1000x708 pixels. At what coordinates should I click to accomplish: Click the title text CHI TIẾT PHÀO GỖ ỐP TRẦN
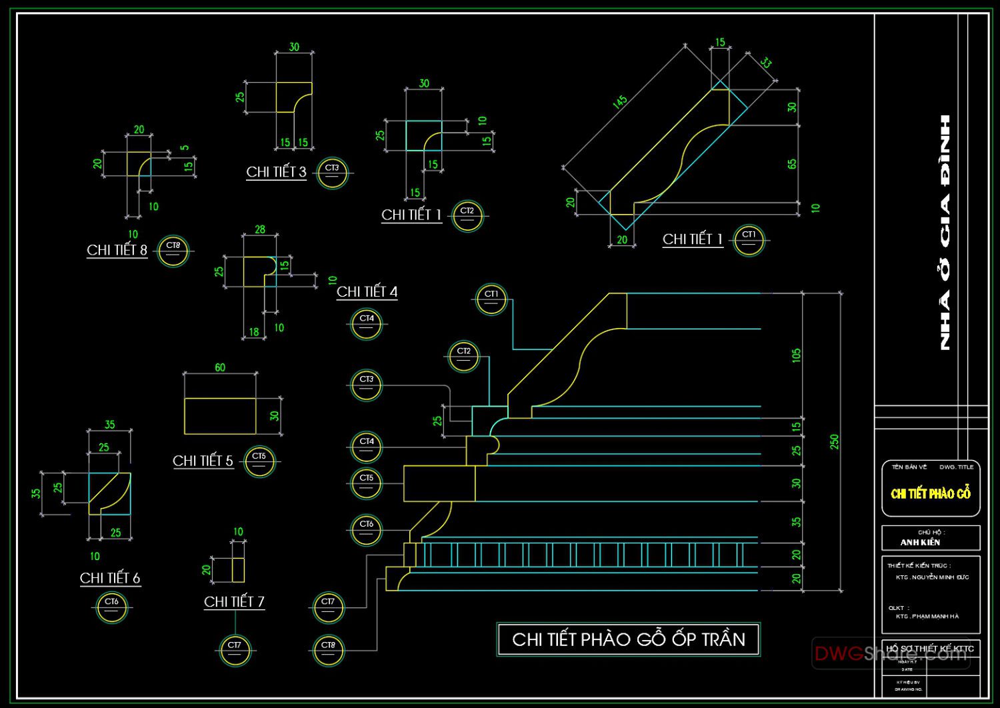(x=628, y=639)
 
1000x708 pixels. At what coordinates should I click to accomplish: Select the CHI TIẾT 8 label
(x=117, y=250)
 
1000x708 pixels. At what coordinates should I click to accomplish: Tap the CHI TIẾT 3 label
(x=276, y=172)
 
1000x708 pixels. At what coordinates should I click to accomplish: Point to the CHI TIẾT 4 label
(x=367, y=291)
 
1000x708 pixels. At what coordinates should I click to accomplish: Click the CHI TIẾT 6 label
(x=110, y=578)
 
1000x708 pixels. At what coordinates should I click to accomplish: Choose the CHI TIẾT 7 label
(x=234, y=601)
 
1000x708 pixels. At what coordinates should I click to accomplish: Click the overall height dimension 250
(x=834, y=441)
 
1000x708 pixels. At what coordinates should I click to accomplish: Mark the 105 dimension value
(x=796, y=355)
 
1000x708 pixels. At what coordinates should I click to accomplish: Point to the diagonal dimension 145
(x=620, y=101)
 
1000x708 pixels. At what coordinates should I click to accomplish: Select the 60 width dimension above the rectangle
(x=220, y=367)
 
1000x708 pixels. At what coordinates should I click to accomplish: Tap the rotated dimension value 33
(x=766, y=63)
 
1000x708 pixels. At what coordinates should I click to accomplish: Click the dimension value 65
(x=792, y=163)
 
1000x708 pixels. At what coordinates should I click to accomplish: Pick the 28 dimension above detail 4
(x=260, y=229)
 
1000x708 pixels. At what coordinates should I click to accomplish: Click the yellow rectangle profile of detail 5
(x=220, y=416)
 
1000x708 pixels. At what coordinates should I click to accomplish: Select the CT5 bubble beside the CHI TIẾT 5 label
(x=259, y=461)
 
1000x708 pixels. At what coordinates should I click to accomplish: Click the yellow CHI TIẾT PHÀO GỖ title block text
(x=931, y=494)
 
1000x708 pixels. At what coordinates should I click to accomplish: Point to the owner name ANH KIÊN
(x=920, y=543)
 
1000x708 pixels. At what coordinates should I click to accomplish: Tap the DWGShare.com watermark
(x=891, y=653)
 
